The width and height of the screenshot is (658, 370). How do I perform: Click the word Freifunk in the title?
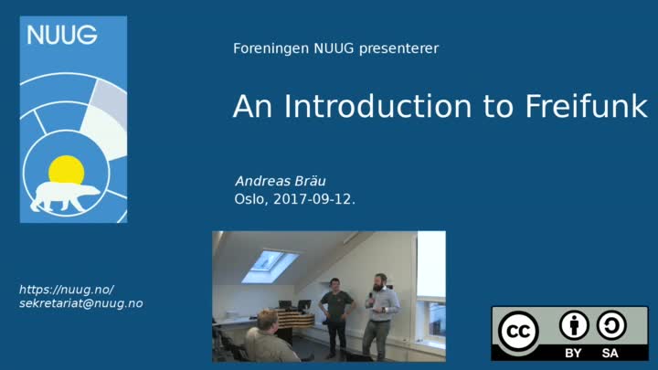586,106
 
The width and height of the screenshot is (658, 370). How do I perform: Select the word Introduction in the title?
377,106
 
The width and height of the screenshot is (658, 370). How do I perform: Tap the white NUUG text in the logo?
62,35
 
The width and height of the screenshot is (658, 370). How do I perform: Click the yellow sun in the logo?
67,170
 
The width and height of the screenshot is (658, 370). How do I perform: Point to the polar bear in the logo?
65,196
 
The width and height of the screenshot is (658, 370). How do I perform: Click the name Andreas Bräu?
281,181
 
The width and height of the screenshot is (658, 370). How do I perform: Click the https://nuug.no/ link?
67,290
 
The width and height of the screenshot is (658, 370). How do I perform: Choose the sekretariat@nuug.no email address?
81,303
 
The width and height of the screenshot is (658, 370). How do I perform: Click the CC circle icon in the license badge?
519,332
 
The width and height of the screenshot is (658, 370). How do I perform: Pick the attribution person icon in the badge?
574,325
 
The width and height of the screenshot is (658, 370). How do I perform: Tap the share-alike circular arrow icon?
611,325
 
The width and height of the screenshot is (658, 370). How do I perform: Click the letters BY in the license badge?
573,354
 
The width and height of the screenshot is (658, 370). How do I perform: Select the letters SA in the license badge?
610,354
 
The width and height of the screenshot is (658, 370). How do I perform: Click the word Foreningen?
271,48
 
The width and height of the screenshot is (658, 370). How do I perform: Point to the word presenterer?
398,49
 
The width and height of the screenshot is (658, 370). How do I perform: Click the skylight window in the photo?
271,266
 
